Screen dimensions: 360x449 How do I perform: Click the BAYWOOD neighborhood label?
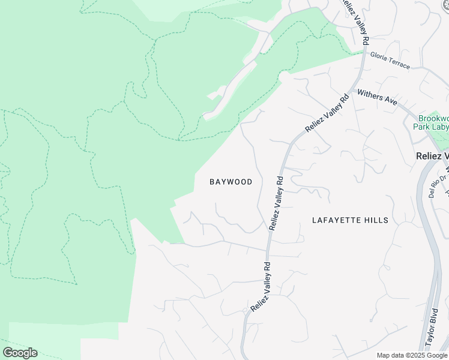(x=231, y=182)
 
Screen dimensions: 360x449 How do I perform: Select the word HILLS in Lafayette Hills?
(x=376, y=220)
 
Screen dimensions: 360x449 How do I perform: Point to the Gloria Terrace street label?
(x=390, y=59)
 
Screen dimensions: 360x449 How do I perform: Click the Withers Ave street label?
(x=377, y=98)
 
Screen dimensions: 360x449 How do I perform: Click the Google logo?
(x=20, y=353)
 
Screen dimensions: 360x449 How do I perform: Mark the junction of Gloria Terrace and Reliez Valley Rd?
(x=364, y=52)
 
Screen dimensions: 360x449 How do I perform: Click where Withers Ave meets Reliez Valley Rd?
(x=354, y=90)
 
